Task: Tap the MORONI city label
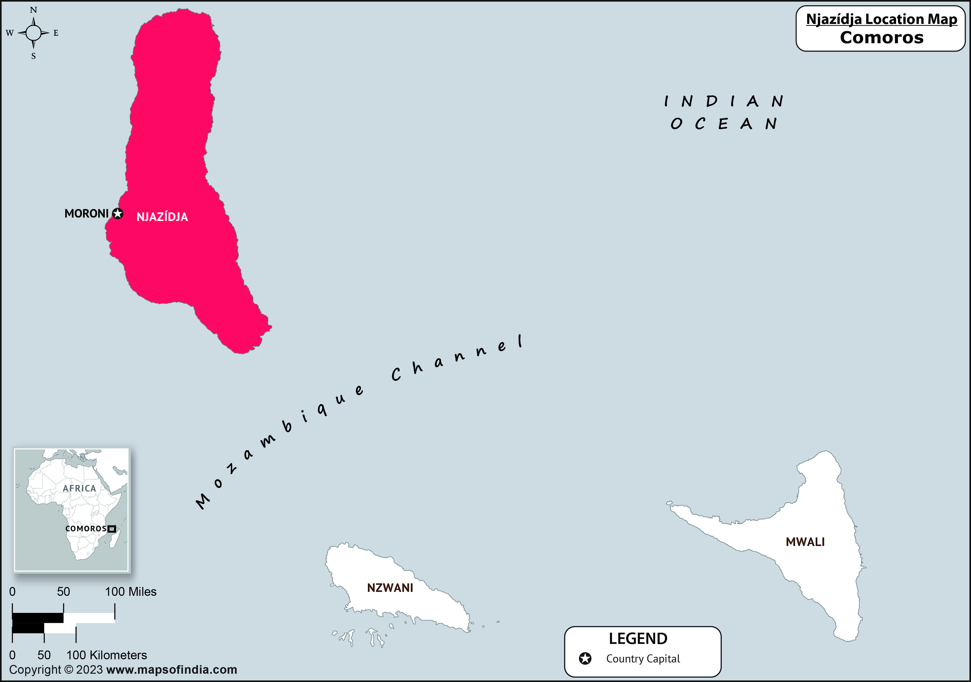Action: (86, 213)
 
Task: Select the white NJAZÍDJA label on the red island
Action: (162, 217)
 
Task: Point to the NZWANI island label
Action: (390, 588)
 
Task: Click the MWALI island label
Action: (805, 542)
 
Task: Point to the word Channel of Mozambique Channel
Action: (457, 358)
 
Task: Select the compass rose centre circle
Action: (33, 32)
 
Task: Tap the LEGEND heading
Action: (638, 639)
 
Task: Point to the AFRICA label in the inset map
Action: (79, 488)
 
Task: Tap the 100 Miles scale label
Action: (131, 591)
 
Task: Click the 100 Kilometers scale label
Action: (107, 655)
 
